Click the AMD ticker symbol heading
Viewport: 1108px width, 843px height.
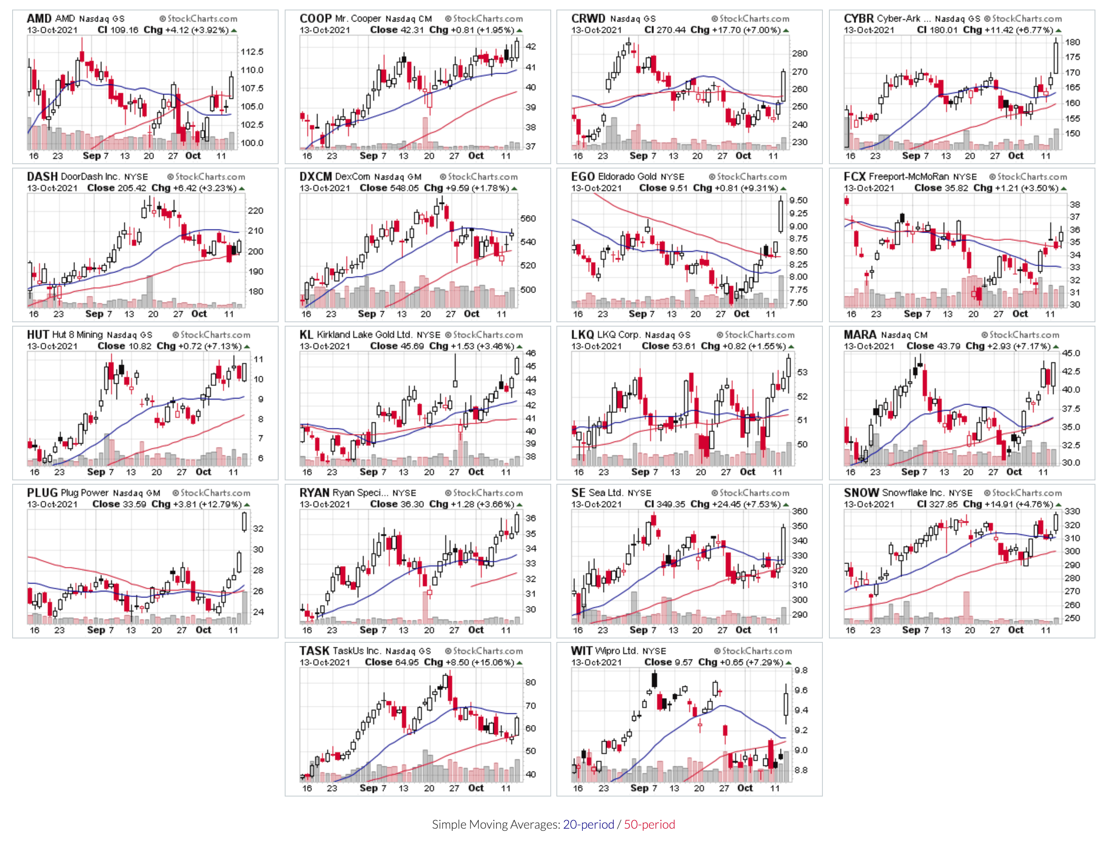point(39,19)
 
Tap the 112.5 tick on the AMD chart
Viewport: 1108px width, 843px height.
point(252,52)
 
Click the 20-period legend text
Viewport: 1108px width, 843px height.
point(588,824)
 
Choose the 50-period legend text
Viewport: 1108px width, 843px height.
point(649,824)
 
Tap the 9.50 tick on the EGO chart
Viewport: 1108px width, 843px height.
point(798,200)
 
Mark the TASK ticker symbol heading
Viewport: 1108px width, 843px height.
point(314,651)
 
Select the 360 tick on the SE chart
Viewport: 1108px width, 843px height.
point(800,511)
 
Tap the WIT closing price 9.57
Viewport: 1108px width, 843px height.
point(681,662)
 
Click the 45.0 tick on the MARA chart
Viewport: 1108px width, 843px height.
point(1071,353)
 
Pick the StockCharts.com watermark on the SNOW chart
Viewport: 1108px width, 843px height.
point(1023,493)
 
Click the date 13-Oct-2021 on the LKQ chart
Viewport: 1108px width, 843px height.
point(597,346)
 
